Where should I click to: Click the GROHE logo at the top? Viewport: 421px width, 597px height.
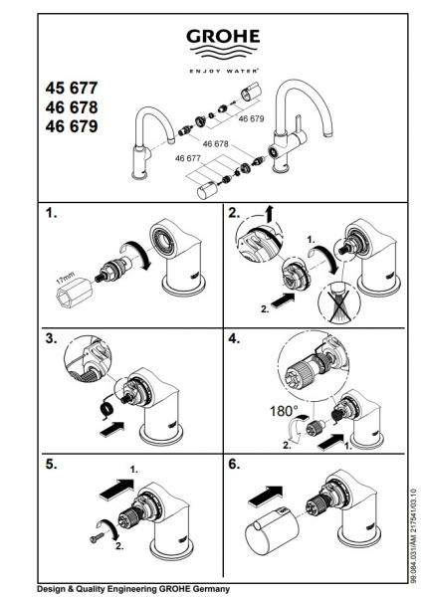tap(224, 39)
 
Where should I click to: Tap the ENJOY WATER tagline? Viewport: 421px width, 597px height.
tap(224, 70)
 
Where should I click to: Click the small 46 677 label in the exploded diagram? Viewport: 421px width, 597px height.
tap(188, 158)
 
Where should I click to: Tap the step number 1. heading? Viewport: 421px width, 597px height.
tap(52, 212)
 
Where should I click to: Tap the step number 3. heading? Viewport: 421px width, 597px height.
tap(52, 338)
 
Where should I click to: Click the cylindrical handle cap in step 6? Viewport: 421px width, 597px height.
tap(269, 534)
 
